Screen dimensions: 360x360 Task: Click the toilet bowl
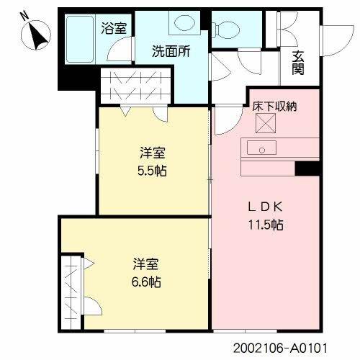click(230, 30)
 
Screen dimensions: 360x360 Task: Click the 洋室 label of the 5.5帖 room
click(153, 153)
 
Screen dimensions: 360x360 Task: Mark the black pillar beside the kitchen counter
click(307, 168)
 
